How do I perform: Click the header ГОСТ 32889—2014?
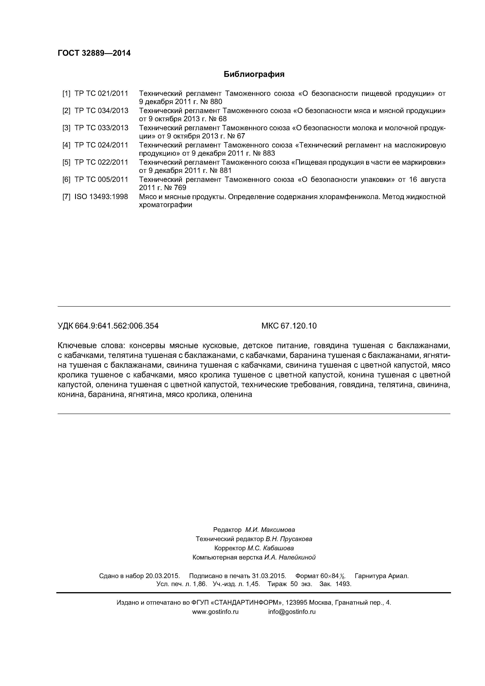point(94,53)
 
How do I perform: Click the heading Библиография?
point(254,74)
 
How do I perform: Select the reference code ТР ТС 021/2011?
point(101,93)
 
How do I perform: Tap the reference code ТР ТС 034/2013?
point(101,111)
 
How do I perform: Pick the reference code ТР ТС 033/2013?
point(101,128)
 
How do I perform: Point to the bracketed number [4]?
point(66,145)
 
